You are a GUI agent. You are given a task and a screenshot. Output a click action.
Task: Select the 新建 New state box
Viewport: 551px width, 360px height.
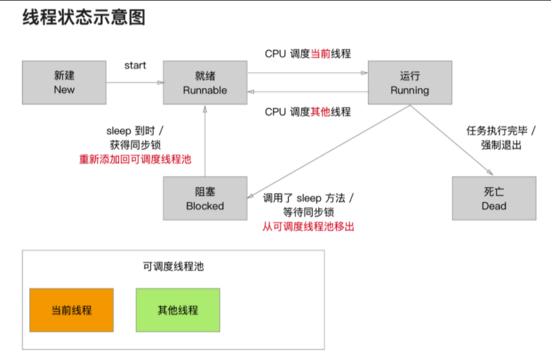(x=64, y=82)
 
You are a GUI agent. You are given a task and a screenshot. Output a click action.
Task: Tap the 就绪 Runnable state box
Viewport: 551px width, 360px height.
(x=205, y=82)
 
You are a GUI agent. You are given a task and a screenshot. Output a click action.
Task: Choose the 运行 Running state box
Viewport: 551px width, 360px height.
(x=409, y=82)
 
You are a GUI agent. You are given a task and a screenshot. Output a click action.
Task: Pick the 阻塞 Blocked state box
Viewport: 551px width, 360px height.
(x=205, y=199)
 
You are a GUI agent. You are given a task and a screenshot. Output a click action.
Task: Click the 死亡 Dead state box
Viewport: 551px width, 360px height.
(x=494, y=199)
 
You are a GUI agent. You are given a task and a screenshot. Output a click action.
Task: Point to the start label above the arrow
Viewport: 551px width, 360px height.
(x=135, y=65)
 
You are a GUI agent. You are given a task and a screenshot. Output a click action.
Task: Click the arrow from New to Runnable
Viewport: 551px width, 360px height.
(x=134, y=82)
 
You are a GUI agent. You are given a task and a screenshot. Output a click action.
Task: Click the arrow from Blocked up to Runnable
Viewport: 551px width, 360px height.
(x=205, y=140)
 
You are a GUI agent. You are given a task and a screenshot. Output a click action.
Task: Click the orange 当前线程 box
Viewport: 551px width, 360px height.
(x=71, y=310)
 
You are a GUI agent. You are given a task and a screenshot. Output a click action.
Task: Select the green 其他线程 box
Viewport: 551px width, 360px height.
(x=178, y=310)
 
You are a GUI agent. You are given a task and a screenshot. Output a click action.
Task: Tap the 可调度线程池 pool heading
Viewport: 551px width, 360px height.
(x=173, y=267)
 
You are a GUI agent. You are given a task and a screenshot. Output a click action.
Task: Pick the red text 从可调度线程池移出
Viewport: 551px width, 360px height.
(x=308, y=226)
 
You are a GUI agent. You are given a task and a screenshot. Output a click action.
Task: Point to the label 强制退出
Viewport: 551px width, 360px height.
(x=501, y=145)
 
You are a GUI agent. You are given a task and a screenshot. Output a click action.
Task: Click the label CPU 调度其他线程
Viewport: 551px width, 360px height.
(x=308, y=112)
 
